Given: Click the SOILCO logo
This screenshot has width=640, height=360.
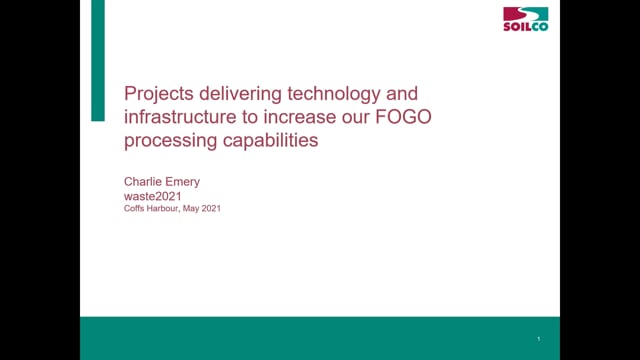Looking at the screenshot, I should tap(524, 21).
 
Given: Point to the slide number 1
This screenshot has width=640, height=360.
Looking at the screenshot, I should tap(541, 338).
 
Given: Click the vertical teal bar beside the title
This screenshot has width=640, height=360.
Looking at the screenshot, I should tap(97, 60).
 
